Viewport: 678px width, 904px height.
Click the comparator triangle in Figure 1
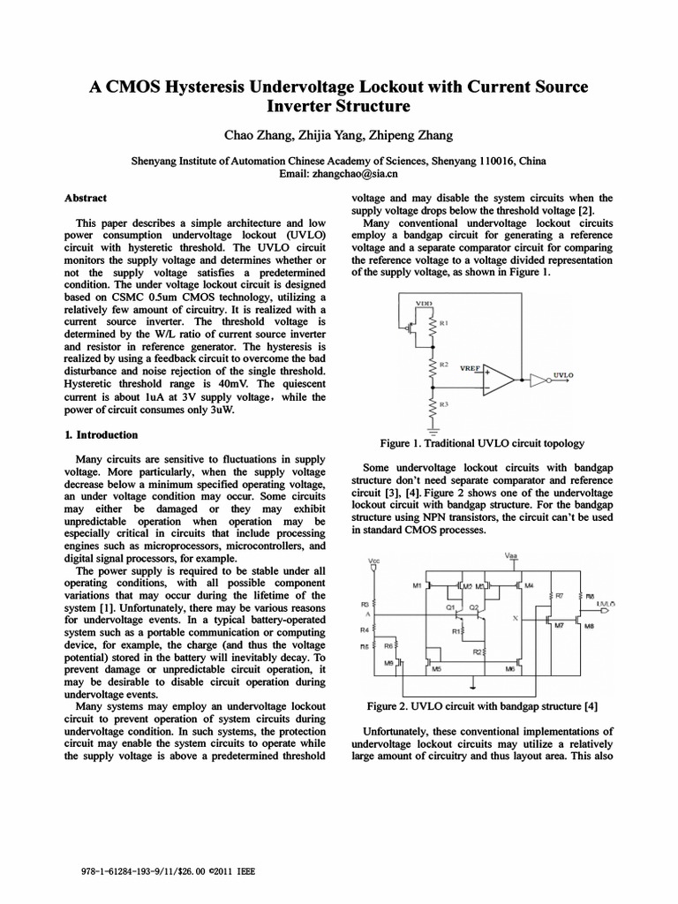coord(501,380)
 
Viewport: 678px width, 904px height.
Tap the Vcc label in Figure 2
coord(374,561)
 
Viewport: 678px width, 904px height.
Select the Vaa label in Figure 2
coord(511,555)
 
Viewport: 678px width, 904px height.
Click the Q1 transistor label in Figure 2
coord(449,607)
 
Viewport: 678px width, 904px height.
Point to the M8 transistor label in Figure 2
coord(589,626)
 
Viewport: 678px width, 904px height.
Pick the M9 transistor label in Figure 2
coord(388,662)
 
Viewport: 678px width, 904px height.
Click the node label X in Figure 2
coord(515,619)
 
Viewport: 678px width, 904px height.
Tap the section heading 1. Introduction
coord(102,435)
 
